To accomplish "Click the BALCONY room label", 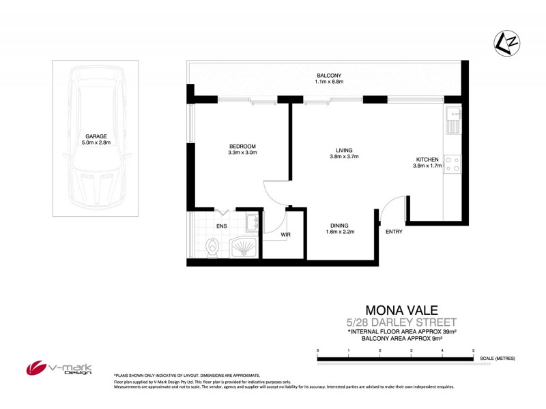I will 329,75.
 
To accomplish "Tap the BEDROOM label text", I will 242,147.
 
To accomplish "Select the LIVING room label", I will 343,151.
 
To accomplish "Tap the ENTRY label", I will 394,231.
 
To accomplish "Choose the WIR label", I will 287,235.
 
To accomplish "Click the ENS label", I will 222,226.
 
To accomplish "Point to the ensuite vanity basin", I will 253,221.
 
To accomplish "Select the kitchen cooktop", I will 452,164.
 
